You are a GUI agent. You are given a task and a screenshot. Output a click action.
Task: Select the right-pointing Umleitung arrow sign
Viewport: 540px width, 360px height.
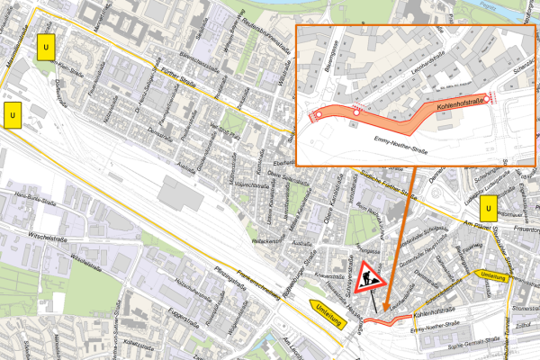(x=494, y=275)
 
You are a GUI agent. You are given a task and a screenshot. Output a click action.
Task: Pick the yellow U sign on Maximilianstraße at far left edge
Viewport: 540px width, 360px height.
(x=13, y=116)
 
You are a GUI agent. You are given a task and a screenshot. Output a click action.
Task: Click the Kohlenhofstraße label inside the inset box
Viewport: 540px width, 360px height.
(x=460, y=105)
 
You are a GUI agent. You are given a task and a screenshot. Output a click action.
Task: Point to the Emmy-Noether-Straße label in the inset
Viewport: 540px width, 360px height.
(x=400, y=141)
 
